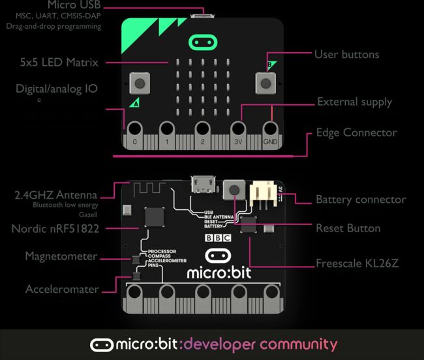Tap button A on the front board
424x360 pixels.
(138, 82)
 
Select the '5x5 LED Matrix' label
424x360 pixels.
(59, 63)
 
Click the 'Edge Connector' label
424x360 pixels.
(356, 132)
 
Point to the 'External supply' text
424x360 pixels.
(354, 102)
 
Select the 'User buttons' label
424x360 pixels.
(346, 54)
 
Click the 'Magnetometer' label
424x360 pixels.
(61, 256)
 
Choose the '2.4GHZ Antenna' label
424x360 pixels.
(55, 194)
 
